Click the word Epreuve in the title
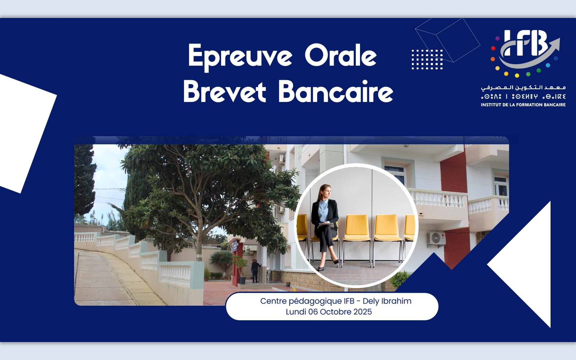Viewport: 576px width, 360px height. pyautogui.click(x=240, y=56)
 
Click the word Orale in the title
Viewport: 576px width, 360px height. pyautogui.click(x=341, y=55)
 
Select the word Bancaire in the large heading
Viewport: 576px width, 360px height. pyautogui.click(x=336, y=91)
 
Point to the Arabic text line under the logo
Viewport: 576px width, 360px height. pyautogui.click(x=523, y=87)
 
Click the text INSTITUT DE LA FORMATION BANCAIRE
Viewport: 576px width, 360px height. pyautogui.click(x=523, y=105)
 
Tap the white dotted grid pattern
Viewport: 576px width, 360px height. pyautogui.click(x=427, y=59)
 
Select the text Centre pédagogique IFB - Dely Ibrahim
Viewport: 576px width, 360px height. pyautogui.click(x=336, y=301)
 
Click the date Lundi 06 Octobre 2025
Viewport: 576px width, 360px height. pyautogui.click(x=329, y=312)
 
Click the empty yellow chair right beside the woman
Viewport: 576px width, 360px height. pyautogui.click(x=357, y=228)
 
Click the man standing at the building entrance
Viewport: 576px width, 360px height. pyautogui.click(x=255, y=271)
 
